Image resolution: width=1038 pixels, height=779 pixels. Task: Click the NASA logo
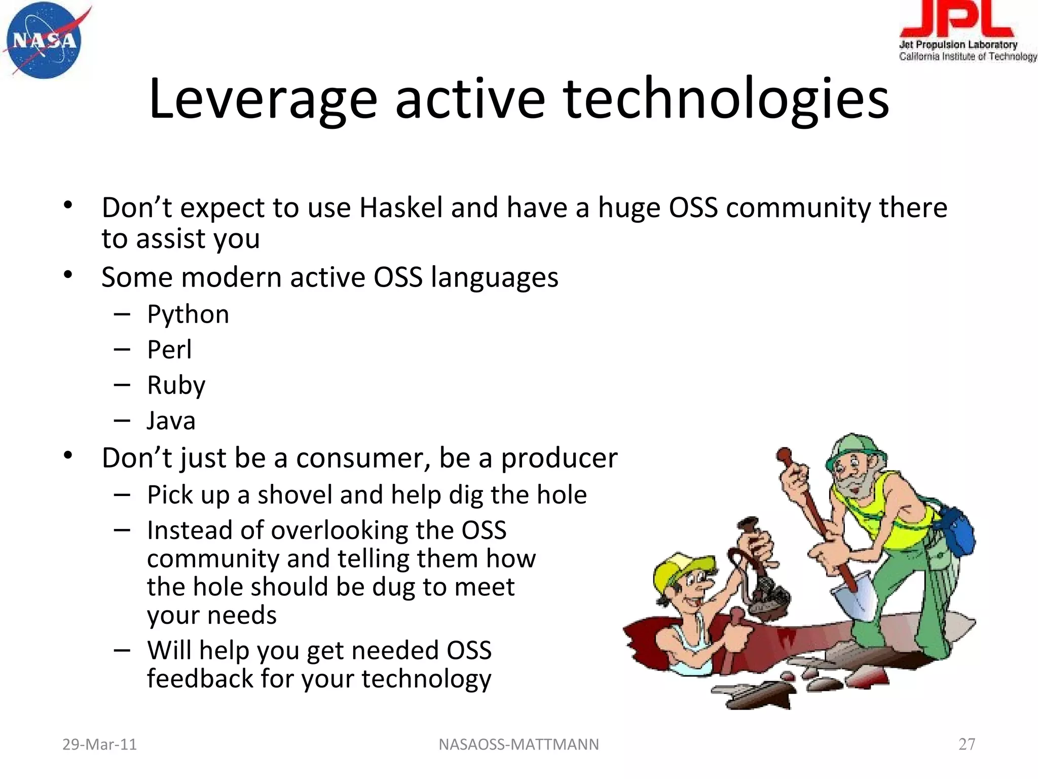[x=45, y=41]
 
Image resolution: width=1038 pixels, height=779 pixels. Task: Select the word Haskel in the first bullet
[x=401, y=208]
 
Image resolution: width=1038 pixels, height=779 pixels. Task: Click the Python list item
[x=188, y=314]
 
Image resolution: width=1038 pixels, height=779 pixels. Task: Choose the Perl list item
[x=169, y=350]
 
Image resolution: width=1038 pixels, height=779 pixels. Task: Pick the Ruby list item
[x=176, y=385]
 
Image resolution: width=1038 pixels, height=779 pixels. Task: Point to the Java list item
[x=171, y=421]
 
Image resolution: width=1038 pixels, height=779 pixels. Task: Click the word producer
[x=559, y=458]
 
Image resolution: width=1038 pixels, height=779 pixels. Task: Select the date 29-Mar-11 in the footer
[x=99, y=744]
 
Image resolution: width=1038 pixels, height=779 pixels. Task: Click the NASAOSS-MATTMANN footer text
[x=518, y=744]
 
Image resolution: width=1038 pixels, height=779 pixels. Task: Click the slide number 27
[x=967, y=744]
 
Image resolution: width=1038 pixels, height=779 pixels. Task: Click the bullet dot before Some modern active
[x=68, y=275]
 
